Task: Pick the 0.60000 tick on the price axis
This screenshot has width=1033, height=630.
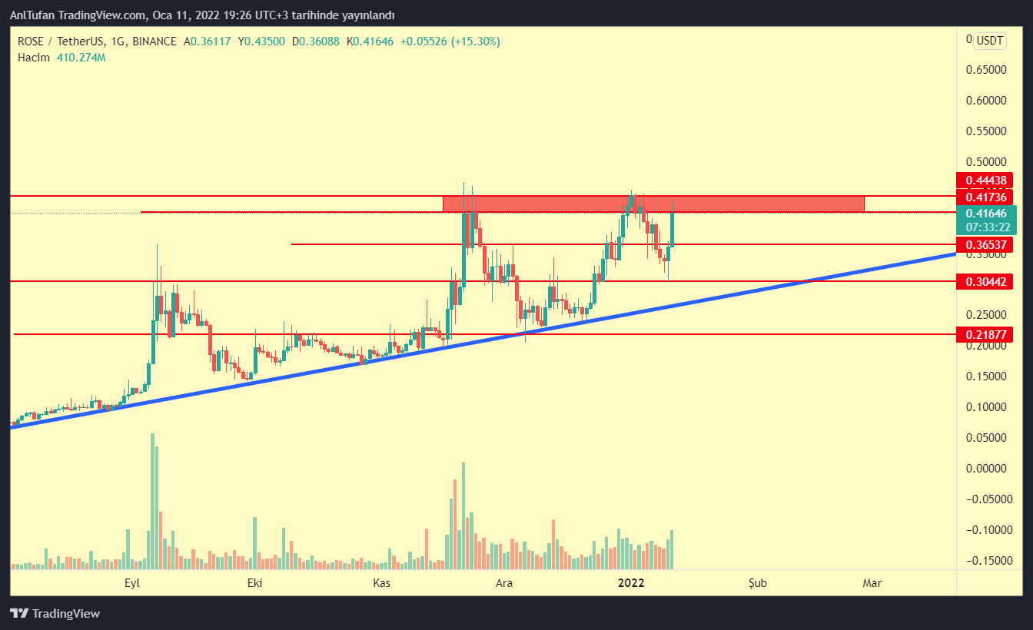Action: tap(985, 101)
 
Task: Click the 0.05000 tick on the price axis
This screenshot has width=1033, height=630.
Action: tap(985, 438)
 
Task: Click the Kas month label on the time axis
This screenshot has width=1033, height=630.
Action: tap(382, 583)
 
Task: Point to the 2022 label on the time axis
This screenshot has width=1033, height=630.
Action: tap(632, 583)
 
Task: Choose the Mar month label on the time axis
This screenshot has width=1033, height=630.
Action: tap(872, 583)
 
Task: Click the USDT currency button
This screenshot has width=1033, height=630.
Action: tap(990, 41)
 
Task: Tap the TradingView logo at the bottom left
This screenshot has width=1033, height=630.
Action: tap(55, 614)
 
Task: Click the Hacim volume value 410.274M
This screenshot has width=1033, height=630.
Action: tap(81, 58)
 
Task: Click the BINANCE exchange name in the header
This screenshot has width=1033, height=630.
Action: tap(154, 41)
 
